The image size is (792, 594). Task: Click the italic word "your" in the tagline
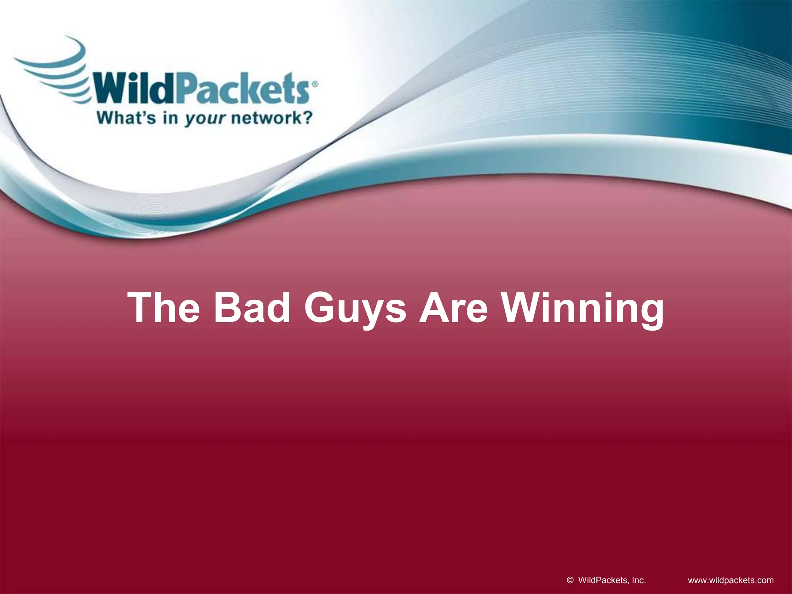coord(204,118)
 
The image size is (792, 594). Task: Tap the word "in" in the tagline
coord(170,117)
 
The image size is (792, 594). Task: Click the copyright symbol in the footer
coord(570,580)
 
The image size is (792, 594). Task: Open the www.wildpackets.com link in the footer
coord(731,580)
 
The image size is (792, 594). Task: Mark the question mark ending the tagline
coord(307,117)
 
